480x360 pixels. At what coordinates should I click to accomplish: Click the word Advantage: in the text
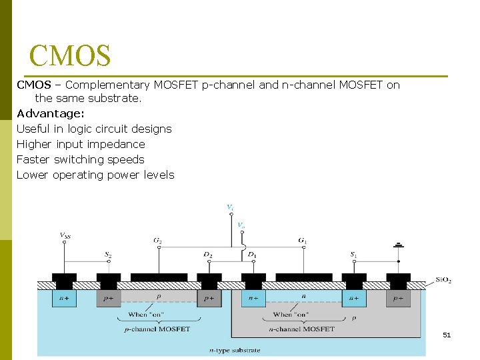50,113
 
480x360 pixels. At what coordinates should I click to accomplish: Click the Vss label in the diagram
65,234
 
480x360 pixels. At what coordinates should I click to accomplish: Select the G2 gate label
158,240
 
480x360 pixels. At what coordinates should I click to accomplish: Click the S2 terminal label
108,255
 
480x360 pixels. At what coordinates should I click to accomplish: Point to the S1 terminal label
353,255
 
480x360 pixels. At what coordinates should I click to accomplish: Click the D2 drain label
208,255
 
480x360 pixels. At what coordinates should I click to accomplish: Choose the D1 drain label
251,255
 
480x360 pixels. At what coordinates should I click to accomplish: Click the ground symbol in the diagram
399,246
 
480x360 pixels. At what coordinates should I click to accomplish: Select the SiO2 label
443,280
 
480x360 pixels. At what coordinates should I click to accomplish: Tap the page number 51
446,335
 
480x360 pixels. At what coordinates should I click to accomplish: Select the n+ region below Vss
65,299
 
